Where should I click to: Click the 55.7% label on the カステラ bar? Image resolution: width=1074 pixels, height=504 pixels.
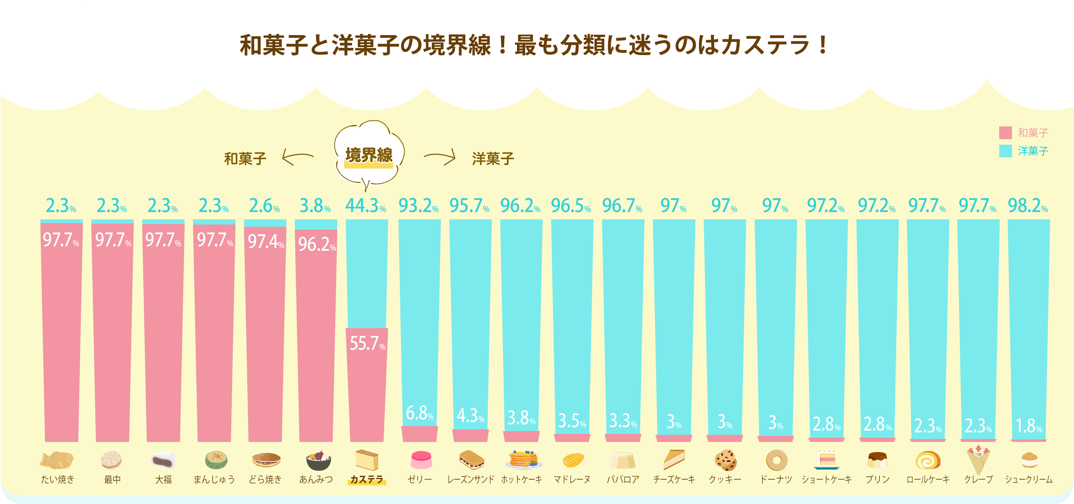pos(367,344)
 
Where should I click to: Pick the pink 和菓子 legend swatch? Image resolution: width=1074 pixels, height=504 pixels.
pos(1005,133)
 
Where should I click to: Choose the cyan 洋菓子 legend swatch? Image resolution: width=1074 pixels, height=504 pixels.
pos(1005,151)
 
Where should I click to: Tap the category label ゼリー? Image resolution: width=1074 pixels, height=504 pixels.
pos(419,479)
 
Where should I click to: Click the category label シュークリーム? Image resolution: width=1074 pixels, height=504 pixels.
pos(1029,479)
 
